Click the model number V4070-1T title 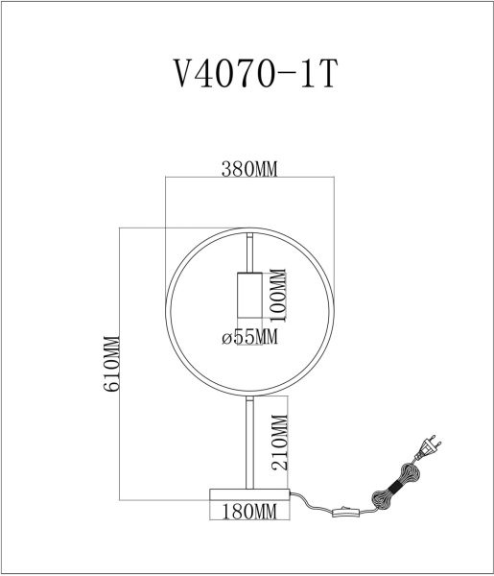pos(248,74)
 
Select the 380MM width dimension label pos(249,170)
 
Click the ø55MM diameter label pos(249,337)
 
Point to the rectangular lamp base pos(249,493)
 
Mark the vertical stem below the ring pos(249,442)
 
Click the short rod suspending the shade pos(249,254)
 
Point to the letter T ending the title pos(327,74)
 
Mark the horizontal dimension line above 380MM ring pos(249,179)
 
